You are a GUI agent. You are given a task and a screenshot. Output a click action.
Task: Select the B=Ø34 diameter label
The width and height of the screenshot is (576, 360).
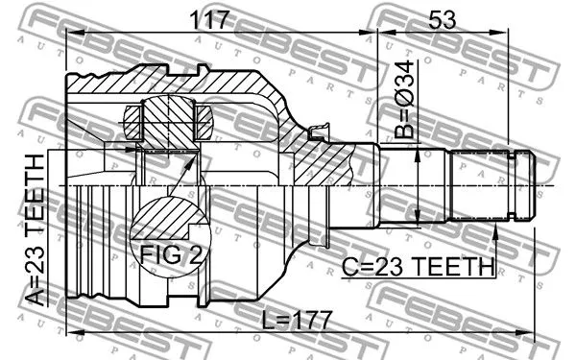(406, 102)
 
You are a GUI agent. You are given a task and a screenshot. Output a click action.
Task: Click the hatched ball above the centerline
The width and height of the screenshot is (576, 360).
(169, 122)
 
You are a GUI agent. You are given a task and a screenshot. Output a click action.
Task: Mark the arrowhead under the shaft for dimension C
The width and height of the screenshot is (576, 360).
(496, 228)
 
